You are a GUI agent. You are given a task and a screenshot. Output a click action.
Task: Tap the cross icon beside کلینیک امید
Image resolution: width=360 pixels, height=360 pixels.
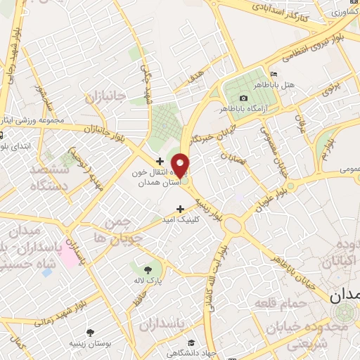(181, 209)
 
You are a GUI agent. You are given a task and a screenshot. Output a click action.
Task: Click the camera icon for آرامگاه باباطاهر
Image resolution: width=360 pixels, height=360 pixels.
(243, 98)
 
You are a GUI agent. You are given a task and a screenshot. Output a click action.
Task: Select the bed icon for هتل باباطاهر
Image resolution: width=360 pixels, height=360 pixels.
(274, 75)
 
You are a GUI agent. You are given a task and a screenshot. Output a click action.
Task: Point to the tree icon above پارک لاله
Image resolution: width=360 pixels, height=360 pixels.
(148, 269)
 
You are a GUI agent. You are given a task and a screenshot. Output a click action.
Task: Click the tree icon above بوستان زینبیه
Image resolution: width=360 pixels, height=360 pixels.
(91, 332)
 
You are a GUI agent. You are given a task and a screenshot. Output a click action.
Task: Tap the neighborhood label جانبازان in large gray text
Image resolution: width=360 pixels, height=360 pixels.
(105, 96)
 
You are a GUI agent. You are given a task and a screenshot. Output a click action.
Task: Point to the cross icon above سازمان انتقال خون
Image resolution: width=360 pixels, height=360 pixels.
(160, 161)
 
